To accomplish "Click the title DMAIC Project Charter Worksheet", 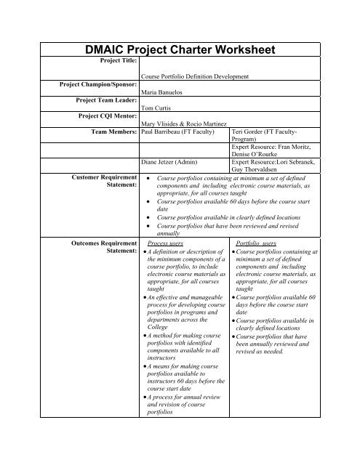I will (x=180, y=49).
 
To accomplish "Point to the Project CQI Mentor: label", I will (x=104, y=114).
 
